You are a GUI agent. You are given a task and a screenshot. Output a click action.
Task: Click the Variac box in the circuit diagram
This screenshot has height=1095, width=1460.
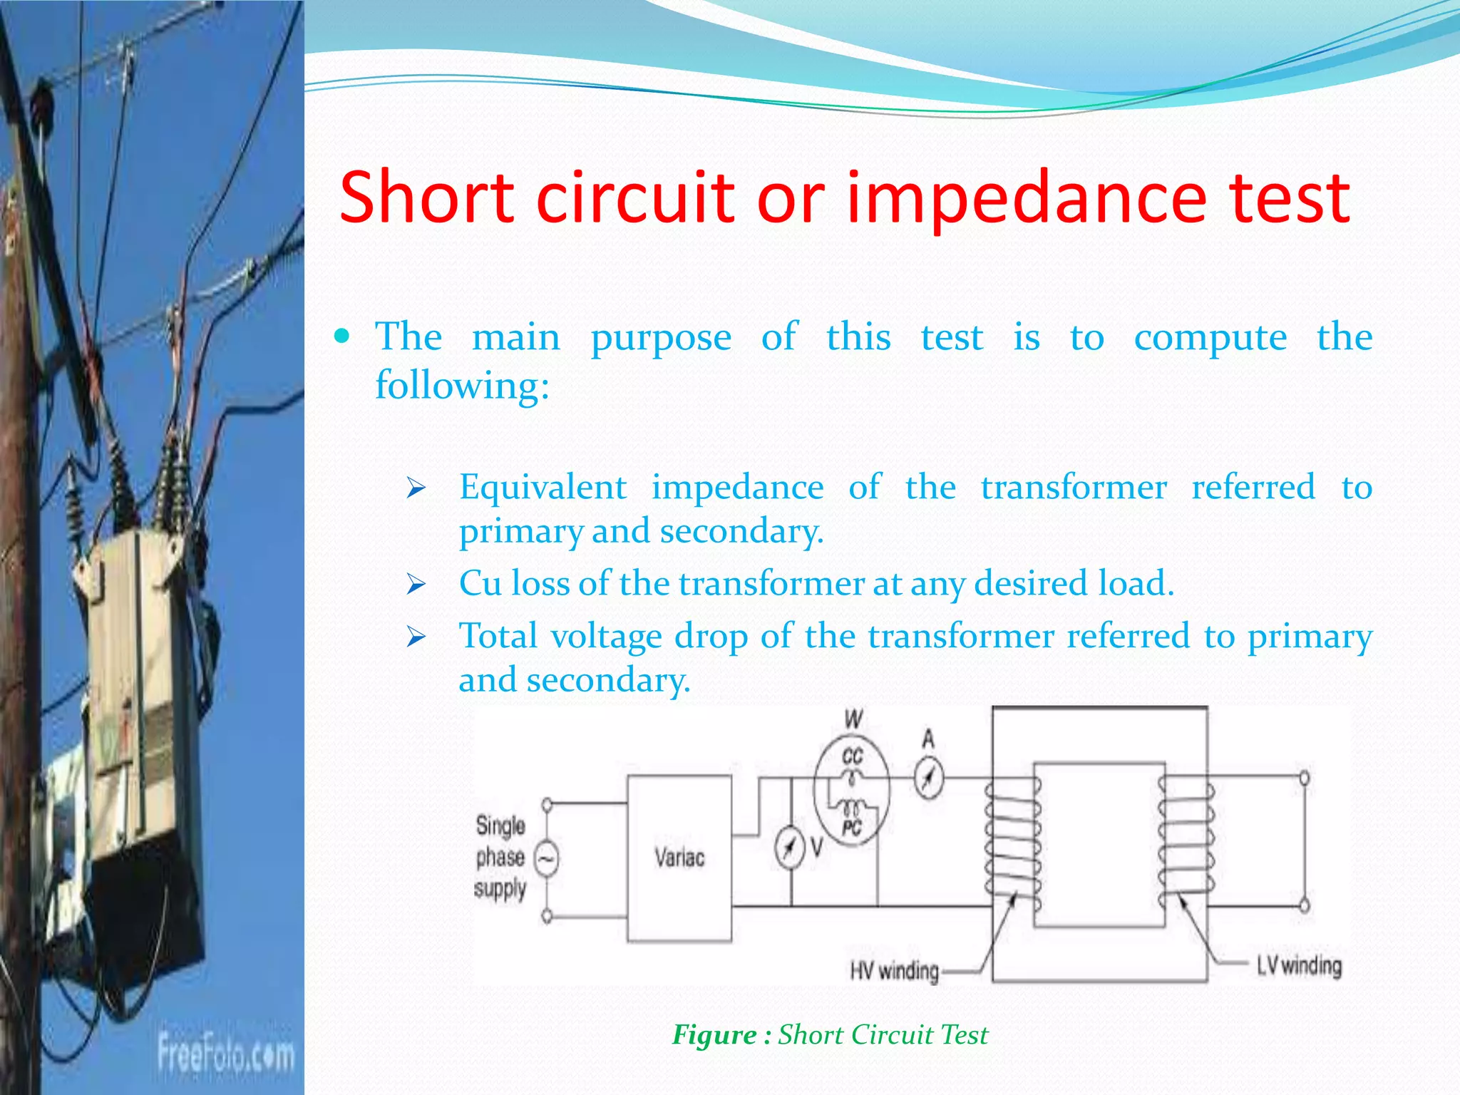(x=679, y=858)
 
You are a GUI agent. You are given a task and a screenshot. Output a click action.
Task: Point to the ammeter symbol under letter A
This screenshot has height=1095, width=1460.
(x=928, y=778)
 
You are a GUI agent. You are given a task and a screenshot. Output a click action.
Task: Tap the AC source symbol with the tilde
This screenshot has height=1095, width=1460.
(x=546, y=859)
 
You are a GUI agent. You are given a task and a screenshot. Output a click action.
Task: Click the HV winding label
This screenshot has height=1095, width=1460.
(x=894, y=970)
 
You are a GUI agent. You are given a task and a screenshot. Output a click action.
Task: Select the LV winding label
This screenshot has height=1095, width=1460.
(x=1298, y=966)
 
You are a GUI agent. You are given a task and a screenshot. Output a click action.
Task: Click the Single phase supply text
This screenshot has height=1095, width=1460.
(x=500, y=858)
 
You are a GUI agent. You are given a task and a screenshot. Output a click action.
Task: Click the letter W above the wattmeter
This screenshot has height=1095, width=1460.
(x=853, y=719)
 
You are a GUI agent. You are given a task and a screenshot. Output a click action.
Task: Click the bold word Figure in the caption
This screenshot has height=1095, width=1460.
(x=714, y=1034)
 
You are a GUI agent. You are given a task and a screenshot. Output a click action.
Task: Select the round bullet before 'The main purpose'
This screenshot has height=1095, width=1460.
(x=343, y=336)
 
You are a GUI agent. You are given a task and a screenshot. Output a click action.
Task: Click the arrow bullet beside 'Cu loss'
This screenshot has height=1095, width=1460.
(x=416, y=585)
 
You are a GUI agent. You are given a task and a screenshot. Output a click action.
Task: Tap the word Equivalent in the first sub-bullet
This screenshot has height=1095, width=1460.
(x=543, y=488)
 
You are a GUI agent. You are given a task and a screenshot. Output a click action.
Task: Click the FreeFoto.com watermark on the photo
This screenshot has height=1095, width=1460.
(x=225, y=1052)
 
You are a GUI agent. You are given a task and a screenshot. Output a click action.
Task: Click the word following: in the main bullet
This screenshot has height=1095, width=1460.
(x=462, y=386)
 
